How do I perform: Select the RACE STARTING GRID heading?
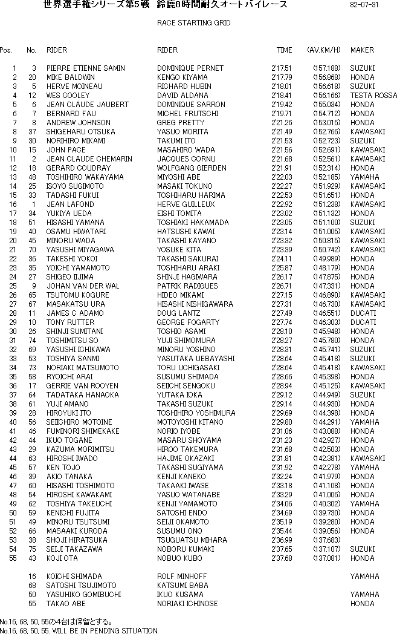click(193, 23)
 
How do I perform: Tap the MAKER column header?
click(362, 50)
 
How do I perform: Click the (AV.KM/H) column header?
click(324, 50)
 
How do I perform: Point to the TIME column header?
click(284, 50)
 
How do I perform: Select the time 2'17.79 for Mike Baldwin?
click(282, 77)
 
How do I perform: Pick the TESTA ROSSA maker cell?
click(373, 96)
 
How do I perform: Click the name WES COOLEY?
click(68, 96)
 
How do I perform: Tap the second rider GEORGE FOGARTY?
click(188, 322)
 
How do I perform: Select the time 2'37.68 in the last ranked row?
click(282, 558)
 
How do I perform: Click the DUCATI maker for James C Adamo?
click(363, 313)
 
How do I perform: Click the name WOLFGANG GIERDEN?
click(192, 168)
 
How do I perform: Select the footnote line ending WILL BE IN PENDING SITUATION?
click(79, 630)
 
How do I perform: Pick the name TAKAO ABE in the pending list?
click(66, 604)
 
